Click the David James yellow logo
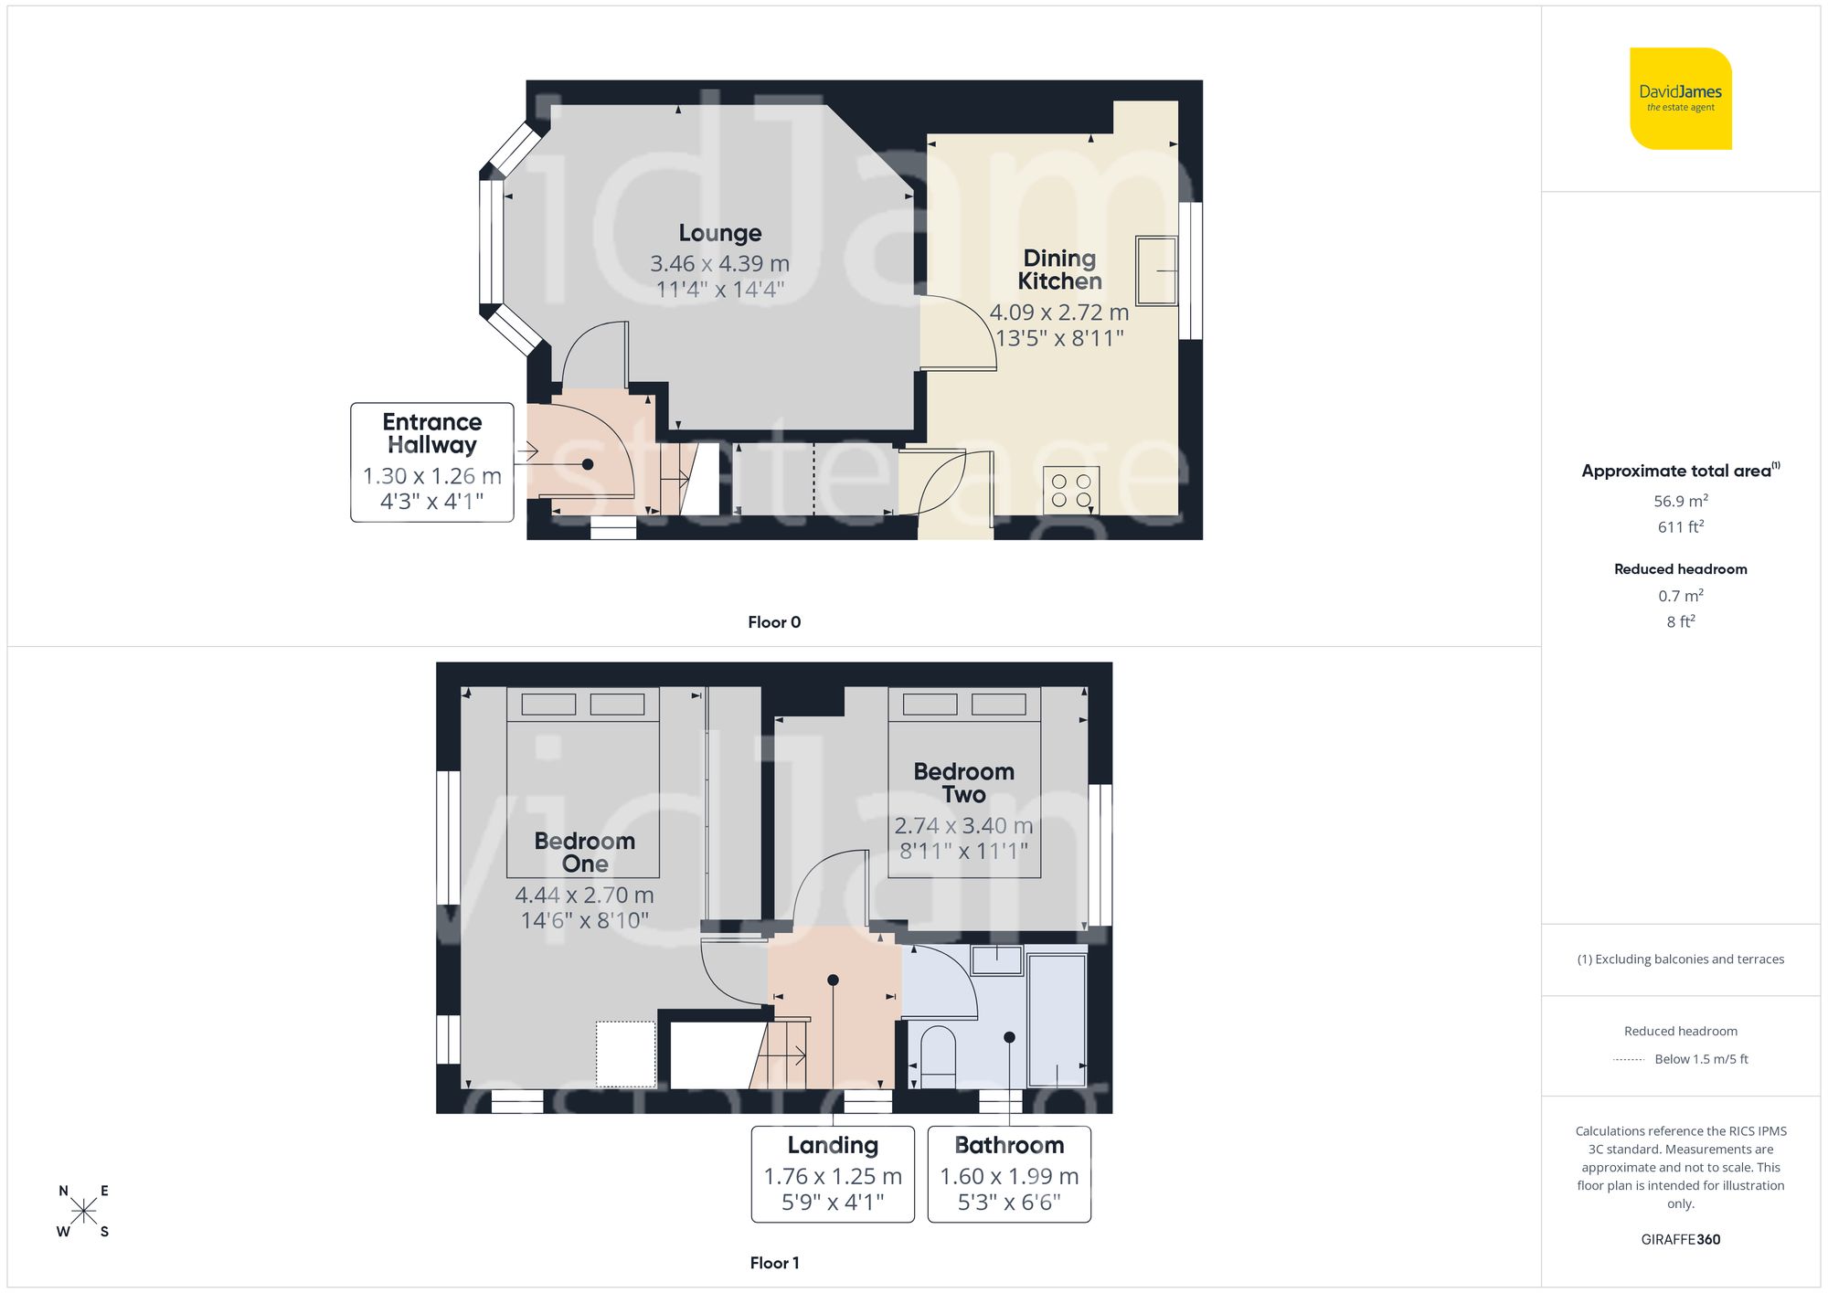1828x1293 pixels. [x=1680, y=99]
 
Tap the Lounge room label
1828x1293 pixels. [x=719, y=233]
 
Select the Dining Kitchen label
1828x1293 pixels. [x=1059, y=270]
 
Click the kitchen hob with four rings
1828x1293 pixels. [x=1071, y=490]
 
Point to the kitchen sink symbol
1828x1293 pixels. [x=1156, y=270]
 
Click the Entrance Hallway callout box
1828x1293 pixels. [x=431, y=462]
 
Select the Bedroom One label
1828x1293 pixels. [x=584, y=852]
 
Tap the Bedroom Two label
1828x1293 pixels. [x=963, y=782]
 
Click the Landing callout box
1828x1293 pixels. [x=832, y=1174]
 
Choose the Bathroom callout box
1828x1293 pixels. [x=1009, y=1174]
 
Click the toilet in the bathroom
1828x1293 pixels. [x=938, y=1057]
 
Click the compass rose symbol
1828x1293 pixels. [x=83, y=1212]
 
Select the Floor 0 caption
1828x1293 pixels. [x=773, y=622]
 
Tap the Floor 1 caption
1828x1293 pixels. [x=773, y=1263]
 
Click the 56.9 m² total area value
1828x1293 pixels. [x=1680, y=501]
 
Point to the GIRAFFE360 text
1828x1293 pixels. [x=1680, y=1239]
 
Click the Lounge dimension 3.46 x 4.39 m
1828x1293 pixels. [x=719, y=264]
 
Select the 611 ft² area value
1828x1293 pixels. [x=1680, y=527]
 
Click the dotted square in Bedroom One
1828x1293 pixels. [x=626, y=1054]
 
